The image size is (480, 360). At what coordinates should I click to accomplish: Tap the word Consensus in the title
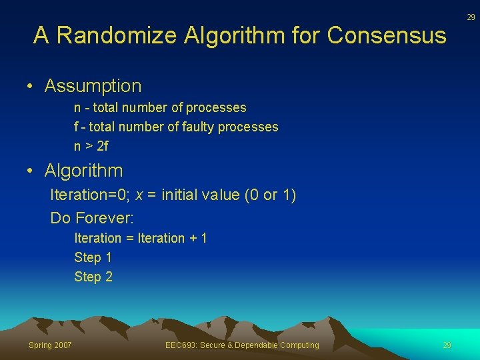(x=387, y=35)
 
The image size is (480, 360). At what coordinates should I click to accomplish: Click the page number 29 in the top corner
(x=470, y=17)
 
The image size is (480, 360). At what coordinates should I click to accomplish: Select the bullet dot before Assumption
(x=31, y=87)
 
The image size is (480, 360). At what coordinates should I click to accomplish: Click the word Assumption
(x=93, y=86)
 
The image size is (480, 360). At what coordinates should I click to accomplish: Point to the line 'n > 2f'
(x=91, y=145)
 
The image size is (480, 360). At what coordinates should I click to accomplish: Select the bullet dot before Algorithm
(x=31, y=171)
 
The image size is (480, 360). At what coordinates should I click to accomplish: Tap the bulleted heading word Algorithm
(x=83, y=171)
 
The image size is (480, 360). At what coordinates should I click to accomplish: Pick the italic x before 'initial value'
(x=139, y=195)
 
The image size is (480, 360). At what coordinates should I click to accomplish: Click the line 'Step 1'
(x=93, y=257)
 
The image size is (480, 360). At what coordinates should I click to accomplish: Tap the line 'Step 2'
(x=93, y=277)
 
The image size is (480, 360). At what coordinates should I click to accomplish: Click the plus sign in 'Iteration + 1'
(x=193, y=238)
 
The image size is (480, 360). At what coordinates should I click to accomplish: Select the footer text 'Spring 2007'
(x=49, y=345)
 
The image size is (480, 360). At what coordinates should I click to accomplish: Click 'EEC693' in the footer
(x=179, y=345)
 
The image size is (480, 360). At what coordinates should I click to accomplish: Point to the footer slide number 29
(x=447, y=345)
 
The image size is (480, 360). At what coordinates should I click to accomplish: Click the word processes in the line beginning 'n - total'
(x=216, y=107)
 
